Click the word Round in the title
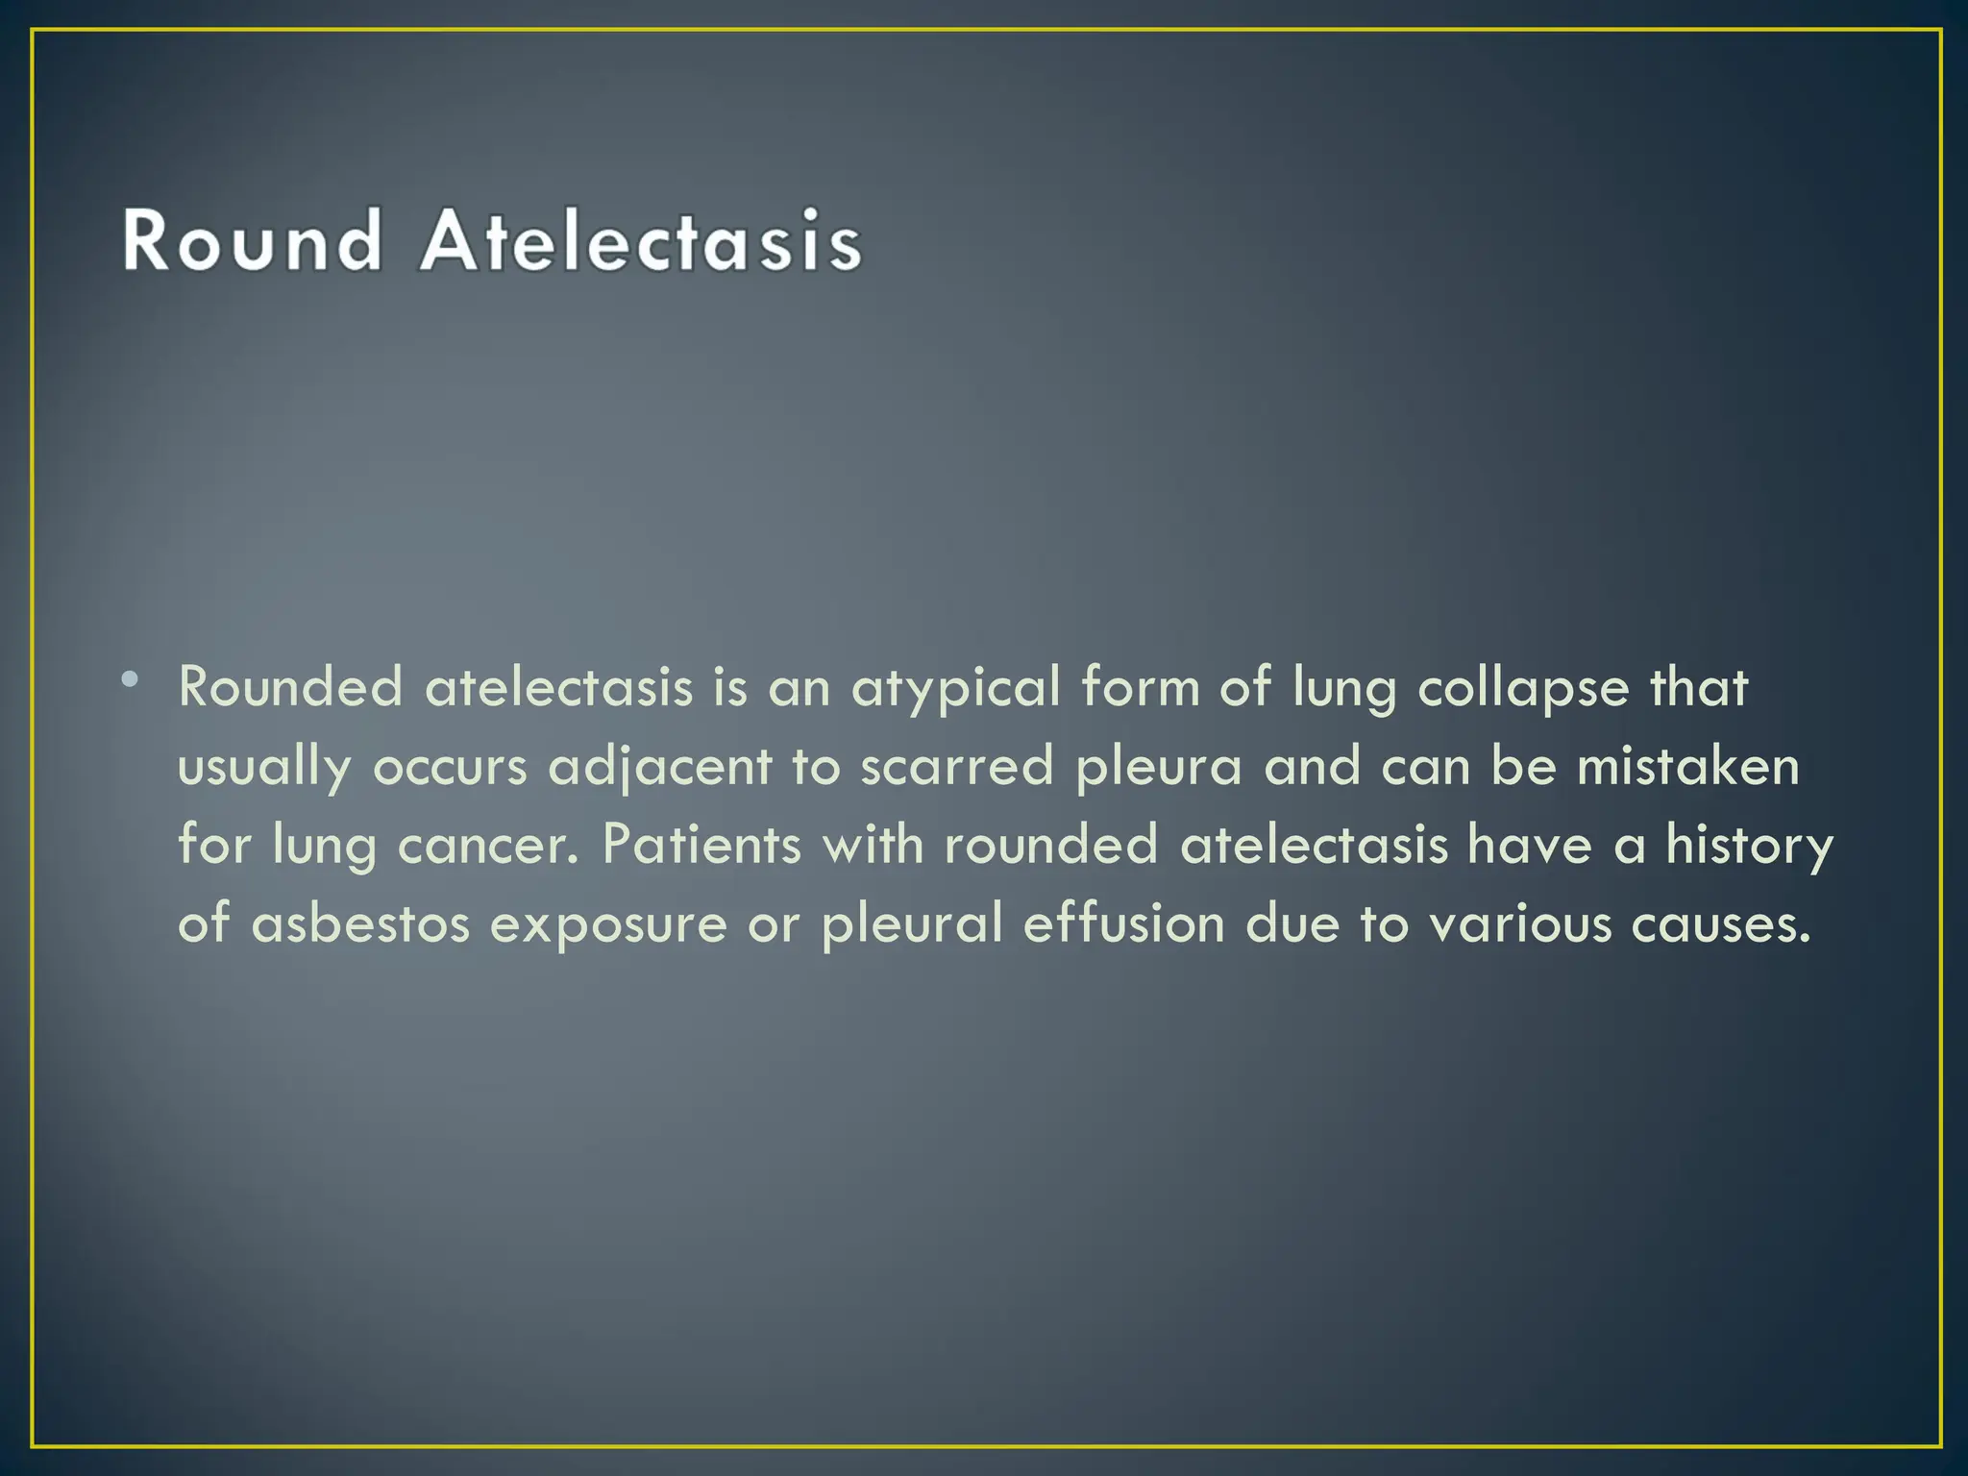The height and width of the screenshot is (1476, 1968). tap(252, 240)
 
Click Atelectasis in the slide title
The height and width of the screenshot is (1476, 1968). tap(641, 240)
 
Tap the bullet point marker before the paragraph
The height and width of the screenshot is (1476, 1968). tap(130, 681)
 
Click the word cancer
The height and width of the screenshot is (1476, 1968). tap(489, 846)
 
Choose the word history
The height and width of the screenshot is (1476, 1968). tap(1749, 846)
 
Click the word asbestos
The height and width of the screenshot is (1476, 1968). tap(360, 924)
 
